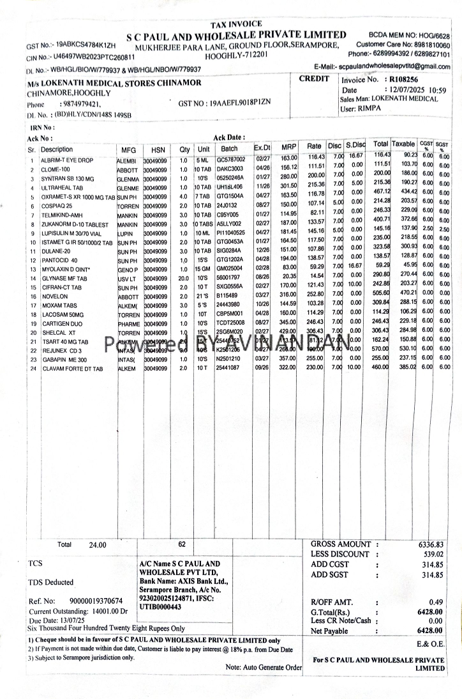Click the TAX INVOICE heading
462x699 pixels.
235,24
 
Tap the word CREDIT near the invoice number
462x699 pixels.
314,79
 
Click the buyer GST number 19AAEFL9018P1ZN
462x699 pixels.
225,102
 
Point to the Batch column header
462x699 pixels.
229,149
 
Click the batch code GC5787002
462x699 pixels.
230,159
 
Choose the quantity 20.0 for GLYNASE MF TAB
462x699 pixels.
183,279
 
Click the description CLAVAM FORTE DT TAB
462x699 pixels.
72,369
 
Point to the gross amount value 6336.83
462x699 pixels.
431,544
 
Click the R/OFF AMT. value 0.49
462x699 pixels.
436,602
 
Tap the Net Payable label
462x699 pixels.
329,631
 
